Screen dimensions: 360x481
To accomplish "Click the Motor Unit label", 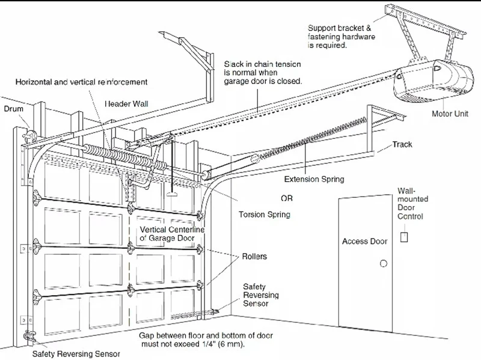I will [x=450, y=113].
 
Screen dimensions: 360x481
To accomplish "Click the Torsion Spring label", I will [x=265, y=214].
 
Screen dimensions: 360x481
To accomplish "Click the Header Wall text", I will [x=129, y=103].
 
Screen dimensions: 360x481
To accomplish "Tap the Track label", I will [x=402, y=145].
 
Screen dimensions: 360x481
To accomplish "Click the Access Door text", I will [x=364, y=242].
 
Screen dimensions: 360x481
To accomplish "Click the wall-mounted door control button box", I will [x=404, y=236].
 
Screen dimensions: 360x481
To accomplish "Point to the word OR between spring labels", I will [x=287, y=198].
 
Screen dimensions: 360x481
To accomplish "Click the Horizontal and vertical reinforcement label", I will [x=81, y=81].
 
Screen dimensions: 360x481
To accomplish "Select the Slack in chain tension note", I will [x=263, y=72].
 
